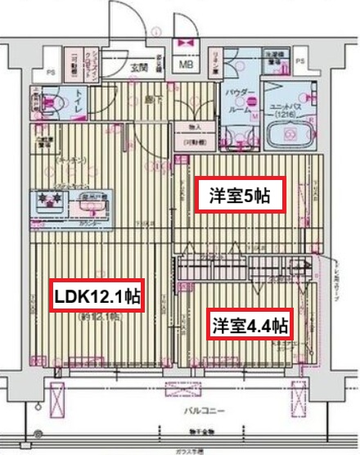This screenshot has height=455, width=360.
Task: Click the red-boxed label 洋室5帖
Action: (237, 196)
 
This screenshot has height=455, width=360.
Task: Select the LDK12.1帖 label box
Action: (96, 295)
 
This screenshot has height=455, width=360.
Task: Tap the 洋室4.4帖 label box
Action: (250, 325)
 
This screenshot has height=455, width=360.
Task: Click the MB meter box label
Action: (187, 65)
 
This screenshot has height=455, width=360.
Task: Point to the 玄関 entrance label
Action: (138, 66)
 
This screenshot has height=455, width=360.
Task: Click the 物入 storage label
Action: (195, 127)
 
